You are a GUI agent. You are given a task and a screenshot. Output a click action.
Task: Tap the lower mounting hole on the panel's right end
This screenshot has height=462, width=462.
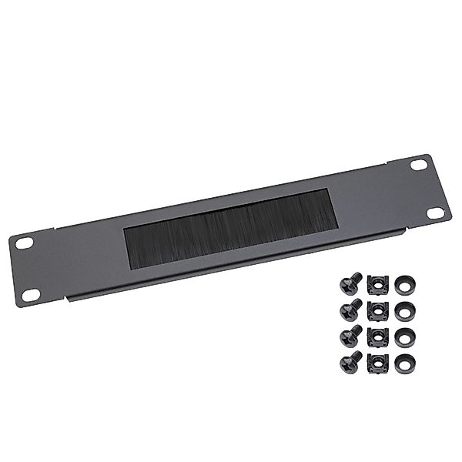[435, 213]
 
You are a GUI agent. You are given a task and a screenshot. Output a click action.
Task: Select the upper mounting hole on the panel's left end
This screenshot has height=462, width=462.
[25, 243]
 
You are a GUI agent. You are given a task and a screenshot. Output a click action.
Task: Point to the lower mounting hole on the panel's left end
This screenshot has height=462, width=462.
[31, 294]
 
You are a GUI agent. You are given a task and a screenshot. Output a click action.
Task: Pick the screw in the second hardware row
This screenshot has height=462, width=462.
[350, 311]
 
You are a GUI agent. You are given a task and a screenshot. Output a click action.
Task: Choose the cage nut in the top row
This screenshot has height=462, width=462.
[377, 284]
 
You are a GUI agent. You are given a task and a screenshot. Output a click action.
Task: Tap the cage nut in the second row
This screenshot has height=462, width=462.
[377, 310]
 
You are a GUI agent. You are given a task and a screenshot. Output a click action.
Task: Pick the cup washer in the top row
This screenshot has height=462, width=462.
[405, 285]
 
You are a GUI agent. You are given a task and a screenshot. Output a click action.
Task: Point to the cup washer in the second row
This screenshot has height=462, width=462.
[405, 310]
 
